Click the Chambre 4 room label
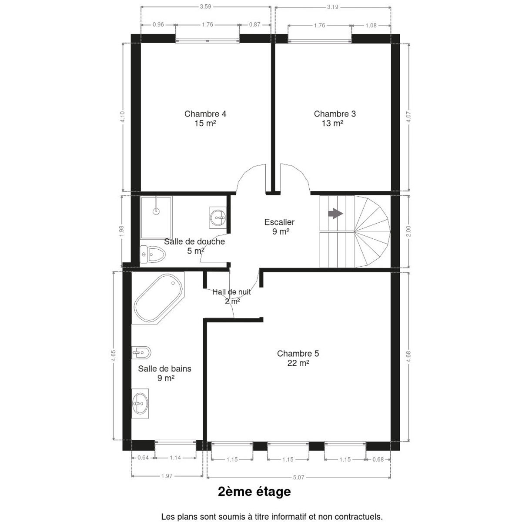[x=205, y=114]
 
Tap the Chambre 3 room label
[x=335, y=114]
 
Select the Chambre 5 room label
[x=298, y=354]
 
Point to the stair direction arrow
[x=335, y=214]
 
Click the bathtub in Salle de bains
[x=158, y=298]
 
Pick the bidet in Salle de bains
[x=141, y=352]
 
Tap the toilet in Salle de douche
[x=153, y=254]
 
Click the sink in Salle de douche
[x=218, y=217]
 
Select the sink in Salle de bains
[x=140, y=404]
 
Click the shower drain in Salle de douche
[x=156, y=211]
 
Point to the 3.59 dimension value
[x=205, y=7]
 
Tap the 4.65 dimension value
[x=114, y=355]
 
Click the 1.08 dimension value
[x=371, y=26]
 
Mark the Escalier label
[x=279, y=222]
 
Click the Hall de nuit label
[x=231, y=292]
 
